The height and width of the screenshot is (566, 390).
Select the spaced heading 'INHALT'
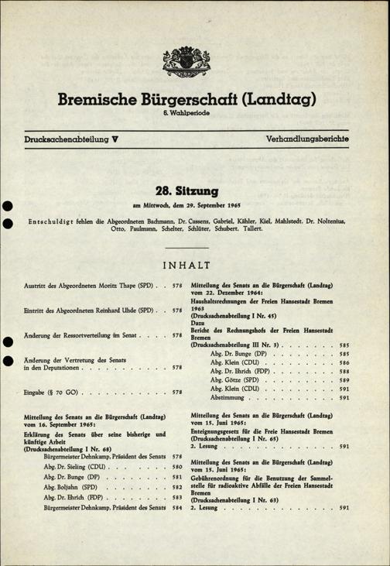coord(194,267)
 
